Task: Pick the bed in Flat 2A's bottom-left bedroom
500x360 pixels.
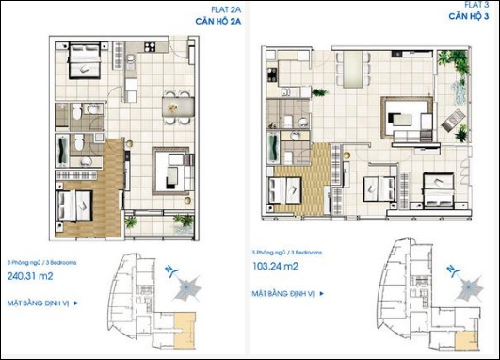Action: pos(74,205)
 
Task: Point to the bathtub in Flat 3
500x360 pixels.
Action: pos(274,149)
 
